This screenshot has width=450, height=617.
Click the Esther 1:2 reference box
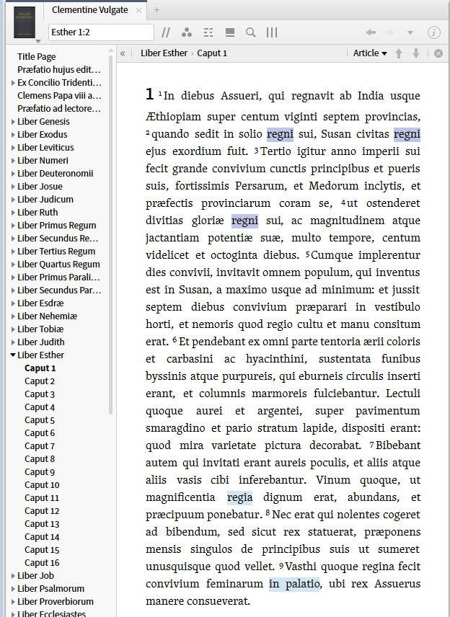(101, 32)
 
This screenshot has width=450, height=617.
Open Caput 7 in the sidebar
(40, 446)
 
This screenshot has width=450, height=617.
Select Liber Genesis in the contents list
(43, 122)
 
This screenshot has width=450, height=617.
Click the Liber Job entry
(36, 576)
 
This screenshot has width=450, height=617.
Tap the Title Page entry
(37, 57)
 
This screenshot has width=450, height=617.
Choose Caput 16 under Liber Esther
(42, 563)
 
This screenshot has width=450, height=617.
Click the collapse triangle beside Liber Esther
(13, 355)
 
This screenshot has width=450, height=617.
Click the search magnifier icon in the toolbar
(251, 32)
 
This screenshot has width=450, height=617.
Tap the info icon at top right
(434, 32)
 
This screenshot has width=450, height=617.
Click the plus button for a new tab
(157, 10)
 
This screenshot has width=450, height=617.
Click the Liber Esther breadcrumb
(164, 53)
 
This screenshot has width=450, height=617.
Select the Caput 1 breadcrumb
(212, 53)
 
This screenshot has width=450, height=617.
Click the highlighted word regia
(239, 497)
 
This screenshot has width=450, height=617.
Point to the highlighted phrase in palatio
(294, 584)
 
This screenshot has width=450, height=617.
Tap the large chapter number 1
(149, 94)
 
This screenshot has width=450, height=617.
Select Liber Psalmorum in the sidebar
(50, 589)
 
